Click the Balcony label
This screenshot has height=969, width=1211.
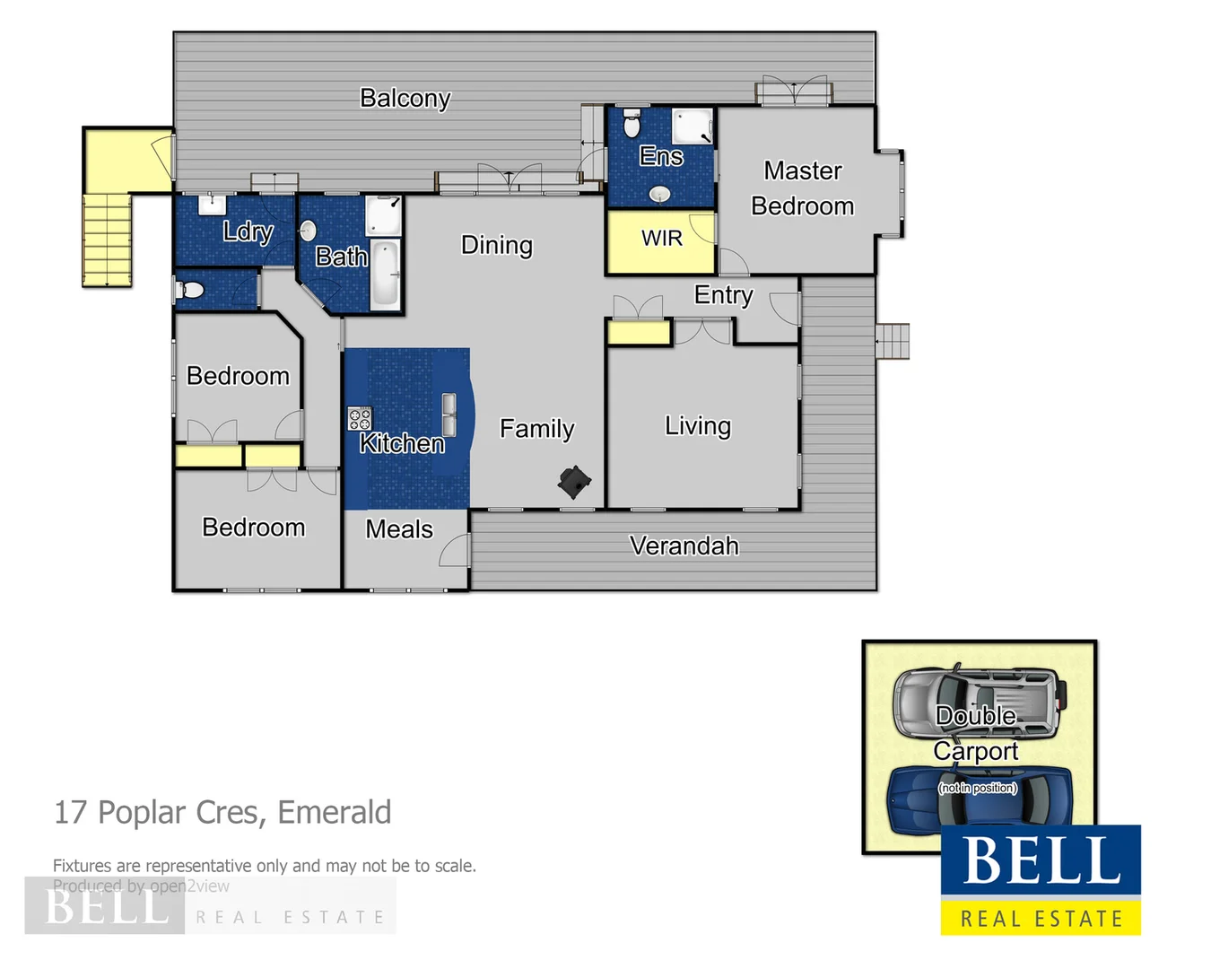pyautogui.click(x=405, y=98)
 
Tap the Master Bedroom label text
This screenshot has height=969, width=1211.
pyautogui.click(x=802, y=188)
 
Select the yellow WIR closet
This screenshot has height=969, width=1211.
pyautogui.click(x=661, y=240)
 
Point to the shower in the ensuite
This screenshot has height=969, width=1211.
pyautogui.click(x=693, y=127)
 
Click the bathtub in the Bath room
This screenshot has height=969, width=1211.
pyautogui.click(x=386, y=275)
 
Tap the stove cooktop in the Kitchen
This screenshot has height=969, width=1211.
pyautogui.click(x=360, y=418)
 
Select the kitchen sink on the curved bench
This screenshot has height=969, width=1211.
pyautogui.click(x=449, y=415)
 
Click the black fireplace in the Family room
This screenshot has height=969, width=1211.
pyautogui.click(x=573, y=482)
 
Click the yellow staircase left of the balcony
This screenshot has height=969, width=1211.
pyautogui.click(x=108, y=240)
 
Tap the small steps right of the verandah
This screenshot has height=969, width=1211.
pyautogui.click(x=893, y=341)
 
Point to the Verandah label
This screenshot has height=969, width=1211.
pyautogui.click(x=684, y=546)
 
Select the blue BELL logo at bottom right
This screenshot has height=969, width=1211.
pyautogui.click(x=1041, y=860)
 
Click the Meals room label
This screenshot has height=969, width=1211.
pyautogui.click(x=399, y=529)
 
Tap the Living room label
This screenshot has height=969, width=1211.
pyautogui.click(x=697, y=426)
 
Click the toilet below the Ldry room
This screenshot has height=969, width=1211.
pyautogui.click(x=191, y=290)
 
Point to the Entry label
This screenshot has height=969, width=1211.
pyautogui.click(x=723, y=295)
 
